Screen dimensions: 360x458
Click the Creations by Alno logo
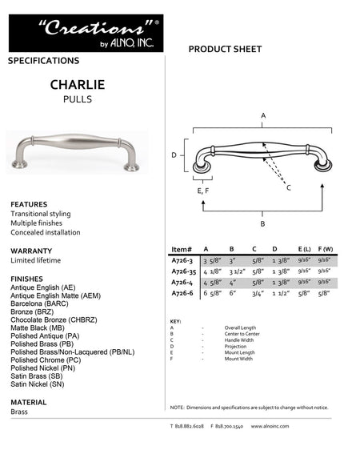click(x=86, y=33)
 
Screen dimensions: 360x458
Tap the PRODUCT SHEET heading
click(x=225, y=50)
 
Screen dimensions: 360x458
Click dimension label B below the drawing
click(x=263, y=224)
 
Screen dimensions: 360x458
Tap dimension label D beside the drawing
click(x=174, y=155)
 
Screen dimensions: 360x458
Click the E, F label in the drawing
click(x=203, y=191)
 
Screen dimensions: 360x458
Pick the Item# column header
click(x=182, y=248)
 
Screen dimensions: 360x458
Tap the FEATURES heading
click(x=29, y=204)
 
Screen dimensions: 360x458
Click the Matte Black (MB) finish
click(x=38, y=327)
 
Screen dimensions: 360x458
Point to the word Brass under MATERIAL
click(x=18, y=412)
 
